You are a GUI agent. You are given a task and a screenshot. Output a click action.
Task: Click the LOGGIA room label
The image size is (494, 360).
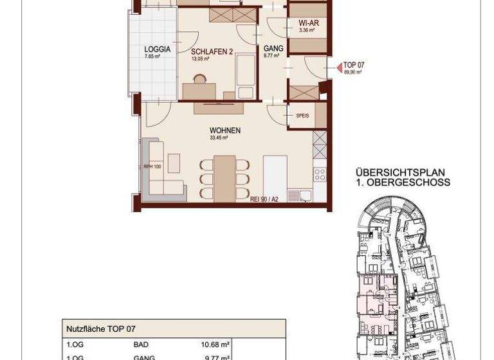(157, 49)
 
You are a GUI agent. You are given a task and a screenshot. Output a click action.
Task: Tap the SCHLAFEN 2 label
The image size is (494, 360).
(212, 51)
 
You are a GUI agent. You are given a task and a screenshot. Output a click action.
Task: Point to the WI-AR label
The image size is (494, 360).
(308, 23)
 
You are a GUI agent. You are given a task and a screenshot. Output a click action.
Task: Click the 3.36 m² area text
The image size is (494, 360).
(307, 30)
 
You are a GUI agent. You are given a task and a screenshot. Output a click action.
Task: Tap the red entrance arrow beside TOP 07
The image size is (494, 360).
(338, 67)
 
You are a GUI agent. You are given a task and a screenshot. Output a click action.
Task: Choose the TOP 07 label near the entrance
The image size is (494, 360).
(354, 65)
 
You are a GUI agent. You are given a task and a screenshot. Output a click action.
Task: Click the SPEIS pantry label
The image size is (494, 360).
(302, 116)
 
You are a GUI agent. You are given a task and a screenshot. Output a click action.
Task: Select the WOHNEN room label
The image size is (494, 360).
(224, 130)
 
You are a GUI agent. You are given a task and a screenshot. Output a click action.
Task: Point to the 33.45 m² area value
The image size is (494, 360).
(220, 138)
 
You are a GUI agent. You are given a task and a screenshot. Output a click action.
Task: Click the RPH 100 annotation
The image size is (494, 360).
(152, 166)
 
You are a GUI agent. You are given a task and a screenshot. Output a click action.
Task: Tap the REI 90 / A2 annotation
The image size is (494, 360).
(264, 199)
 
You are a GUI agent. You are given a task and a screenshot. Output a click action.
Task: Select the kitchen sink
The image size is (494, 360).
(299, 195)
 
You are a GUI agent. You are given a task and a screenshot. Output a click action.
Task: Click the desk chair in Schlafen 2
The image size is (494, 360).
(199, 80)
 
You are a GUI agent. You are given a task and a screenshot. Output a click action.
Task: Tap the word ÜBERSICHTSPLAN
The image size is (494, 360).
(399, 173)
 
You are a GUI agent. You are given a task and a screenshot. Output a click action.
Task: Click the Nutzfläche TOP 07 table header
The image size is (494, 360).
(101, 328)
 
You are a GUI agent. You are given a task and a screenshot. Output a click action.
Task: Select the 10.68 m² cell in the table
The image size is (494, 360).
(216, 345)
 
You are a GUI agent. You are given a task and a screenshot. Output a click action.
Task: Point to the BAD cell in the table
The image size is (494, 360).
(141, 345)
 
